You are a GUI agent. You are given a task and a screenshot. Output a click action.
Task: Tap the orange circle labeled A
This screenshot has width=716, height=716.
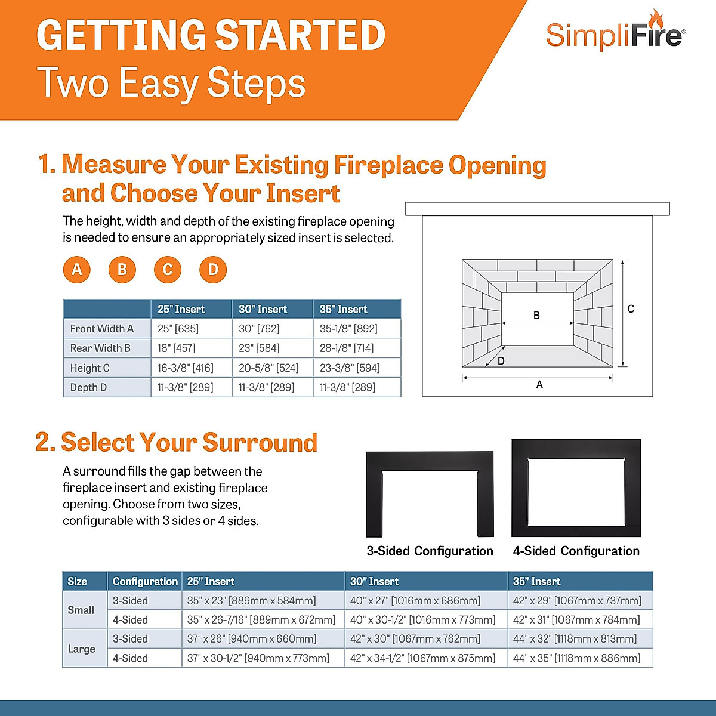point(77,270)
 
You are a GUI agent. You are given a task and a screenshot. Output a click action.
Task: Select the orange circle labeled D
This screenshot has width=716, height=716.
point(213,270)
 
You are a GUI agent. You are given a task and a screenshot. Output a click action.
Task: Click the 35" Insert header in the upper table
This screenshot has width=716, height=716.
point(344,309)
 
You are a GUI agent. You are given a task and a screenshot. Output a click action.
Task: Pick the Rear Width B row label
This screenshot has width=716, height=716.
point(100,348)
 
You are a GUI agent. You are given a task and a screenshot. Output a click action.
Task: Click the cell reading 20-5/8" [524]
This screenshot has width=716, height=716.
point(268,368)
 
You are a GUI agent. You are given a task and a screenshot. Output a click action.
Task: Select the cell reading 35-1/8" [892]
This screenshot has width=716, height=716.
point(348,328)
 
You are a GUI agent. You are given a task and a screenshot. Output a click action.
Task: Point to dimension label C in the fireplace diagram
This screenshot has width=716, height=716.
point(631,309)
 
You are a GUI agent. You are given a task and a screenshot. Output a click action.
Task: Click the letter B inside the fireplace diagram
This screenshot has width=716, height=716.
point(536,315)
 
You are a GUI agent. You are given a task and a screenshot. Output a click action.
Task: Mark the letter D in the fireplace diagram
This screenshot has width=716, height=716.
point(501,361)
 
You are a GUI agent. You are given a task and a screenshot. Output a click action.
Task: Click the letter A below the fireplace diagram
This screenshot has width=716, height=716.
point(539,385)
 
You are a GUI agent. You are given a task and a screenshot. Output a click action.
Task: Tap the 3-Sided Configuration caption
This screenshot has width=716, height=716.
point(430,551)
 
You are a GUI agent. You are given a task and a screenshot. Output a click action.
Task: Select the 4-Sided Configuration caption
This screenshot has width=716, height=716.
point(576,551)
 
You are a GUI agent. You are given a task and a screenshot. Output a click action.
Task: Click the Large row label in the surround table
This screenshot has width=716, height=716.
point(82,649)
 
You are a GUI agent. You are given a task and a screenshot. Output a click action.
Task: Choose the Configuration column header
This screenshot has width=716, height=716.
point(145,581)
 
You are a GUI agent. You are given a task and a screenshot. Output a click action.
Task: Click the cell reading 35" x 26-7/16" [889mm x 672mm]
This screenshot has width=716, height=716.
point(261,620)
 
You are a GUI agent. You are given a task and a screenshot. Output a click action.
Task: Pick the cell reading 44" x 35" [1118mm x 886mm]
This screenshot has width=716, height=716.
point(576,658)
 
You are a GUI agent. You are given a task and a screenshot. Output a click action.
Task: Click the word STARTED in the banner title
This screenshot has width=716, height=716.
point(300,35)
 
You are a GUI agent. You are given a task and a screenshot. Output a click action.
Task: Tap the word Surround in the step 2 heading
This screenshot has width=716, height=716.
point(260,443)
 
